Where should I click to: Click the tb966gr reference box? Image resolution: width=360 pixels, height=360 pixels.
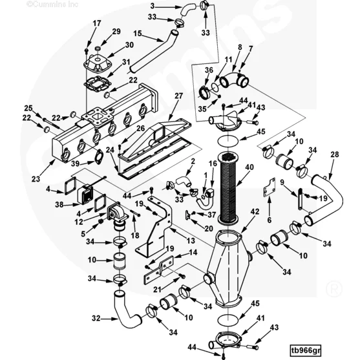305,350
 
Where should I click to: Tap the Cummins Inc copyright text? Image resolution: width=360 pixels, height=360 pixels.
52,4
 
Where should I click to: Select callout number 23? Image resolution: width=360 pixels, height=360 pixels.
36,179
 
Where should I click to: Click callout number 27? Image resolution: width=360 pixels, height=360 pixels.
178,96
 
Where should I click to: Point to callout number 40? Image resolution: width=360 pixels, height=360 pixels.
249,167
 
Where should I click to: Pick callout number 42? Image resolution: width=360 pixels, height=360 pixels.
255,211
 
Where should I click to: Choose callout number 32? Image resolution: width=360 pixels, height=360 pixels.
96,319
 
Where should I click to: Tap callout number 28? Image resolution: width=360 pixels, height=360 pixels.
335,154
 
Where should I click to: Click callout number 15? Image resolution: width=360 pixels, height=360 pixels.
137,34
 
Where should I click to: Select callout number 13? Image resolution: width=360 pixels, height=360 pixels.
191,240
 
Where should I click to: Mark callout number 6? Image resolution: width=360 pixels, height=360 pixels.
270,220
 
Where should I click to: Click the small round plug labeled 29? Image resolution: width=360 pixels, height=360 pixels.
98,48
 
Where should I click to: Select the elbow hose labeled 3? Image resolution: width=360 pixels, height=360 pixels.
187,10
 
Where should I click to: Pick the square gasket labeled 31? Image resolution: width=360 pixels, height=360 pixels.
98,84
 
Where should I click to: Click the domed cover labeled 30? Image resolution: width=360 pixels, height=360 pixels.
98,63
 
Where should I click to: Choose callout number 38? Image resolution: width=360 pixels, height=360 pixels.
59,204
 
